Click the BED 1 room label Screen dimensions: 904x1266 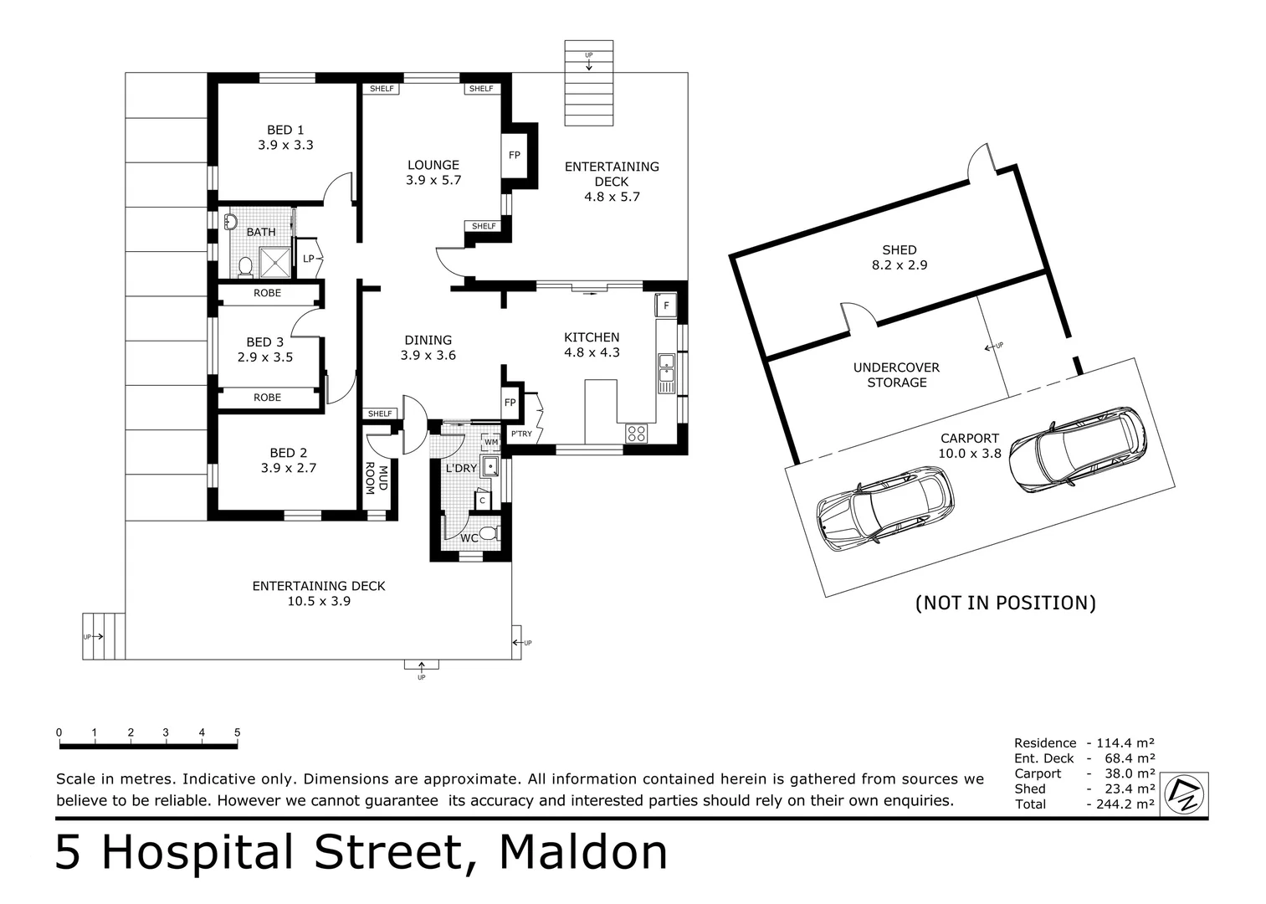coord(285,137)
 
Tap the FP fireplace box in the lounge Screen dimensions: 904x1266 coord(514,156)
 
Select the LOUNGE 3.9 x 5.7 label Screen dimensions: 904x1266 coord(433,172)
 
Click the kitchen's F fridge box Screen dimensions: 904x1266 coord(666,306)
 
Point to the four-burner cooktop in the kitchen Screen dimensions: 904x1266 coord(636,433)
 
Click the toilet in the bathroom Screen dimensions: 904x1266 coord(245,266)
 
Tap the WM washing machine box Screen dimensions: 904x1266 coord(491,442)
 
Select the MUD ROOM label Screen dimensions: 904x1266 coord(377,480)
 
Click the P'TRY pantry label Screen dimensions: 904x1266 coord(521,434)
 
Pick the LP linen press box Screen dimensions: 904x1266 coord(309,259)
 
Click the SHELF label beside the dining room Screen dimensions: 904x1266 coord(380,413)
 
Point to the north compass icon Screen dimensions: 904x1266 coord(1187,793)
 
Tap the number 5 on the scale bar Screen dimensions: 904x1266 coord(237,732)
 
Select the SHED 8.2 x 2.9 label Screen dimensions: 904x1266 coord(899,257)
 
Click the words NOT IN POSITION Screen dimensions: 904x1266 coord(1005,603)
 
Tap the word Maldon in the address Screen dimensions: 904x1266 coord(583,852)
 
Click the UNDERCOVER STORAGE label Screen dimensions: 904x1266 coord(896,375)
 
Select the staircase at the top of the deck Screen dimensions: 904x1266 coord(589,84)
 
